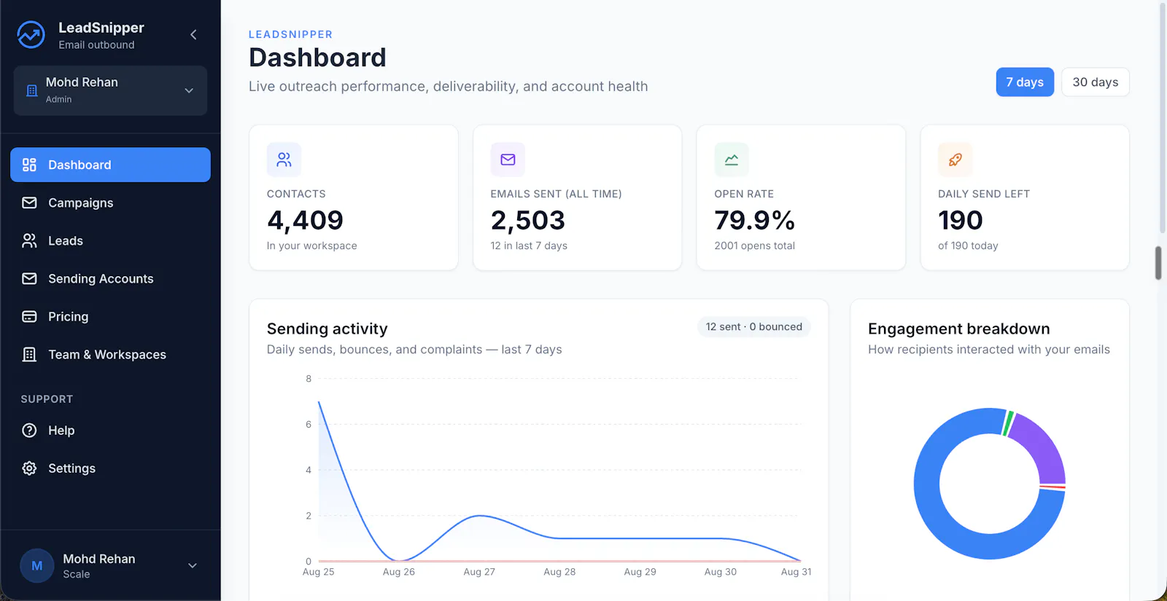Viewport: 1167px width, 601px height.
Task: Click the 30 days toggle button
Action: click(x=1095, y=82)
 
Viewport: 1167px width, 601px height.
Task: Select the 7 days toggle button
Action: click(x=1025, y=82)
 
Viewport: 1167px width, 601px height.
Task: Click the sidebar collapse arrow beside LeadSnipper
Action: click(x=193, y=35)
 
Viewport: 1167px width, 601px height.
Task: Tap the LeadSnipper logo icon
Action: click(x=31, y=35)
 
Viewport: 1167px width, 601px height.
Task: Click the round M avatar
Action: click(x=37, y=565)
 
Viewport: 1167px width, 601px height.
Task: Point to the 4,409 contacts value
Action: click(x=306, y=220)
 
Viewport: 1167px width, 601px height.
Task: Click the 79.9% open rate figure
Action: click(x=754, y=220)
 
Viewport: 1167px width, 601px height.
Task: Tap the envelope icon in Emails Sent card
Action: click(x=508, y=160)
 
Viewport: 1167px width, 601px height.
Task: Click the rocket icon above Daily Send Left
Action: click(x=955, y=160)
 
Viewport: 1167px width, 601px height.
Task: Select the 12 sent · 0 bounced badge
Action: click(x=754, y=327)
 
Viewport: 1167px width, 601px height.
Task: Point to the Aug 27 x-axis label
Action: click(x=479, y=572)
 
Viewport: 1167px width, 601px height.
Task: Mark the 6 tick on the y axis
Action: click(x=309, y=425)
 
